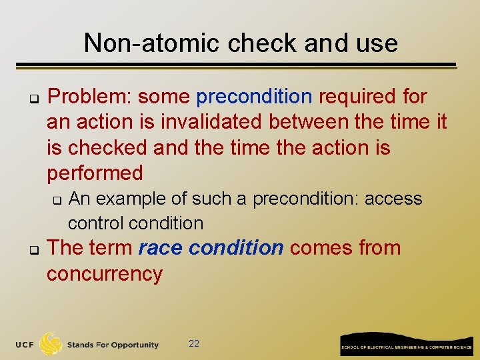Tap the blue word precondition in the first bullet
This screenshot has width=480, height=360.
pos(254,97)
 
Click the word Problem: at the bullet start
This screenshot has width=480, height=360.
pos(90,97)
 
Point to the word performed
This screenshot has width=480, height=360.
pos(95,173)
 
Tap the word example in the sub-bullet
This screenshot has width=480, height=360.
pos(137,199)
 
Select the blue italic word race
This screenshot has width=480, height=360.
pos(161,248)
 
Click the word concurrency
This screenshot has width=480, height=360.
pos(104,273)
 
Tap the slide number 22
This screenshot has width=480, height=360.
pos(194,343)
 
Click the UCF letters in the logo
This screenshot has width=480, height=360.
pos(26,345)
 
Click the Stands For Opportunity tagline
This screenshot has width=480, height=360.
pos(112,345)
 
